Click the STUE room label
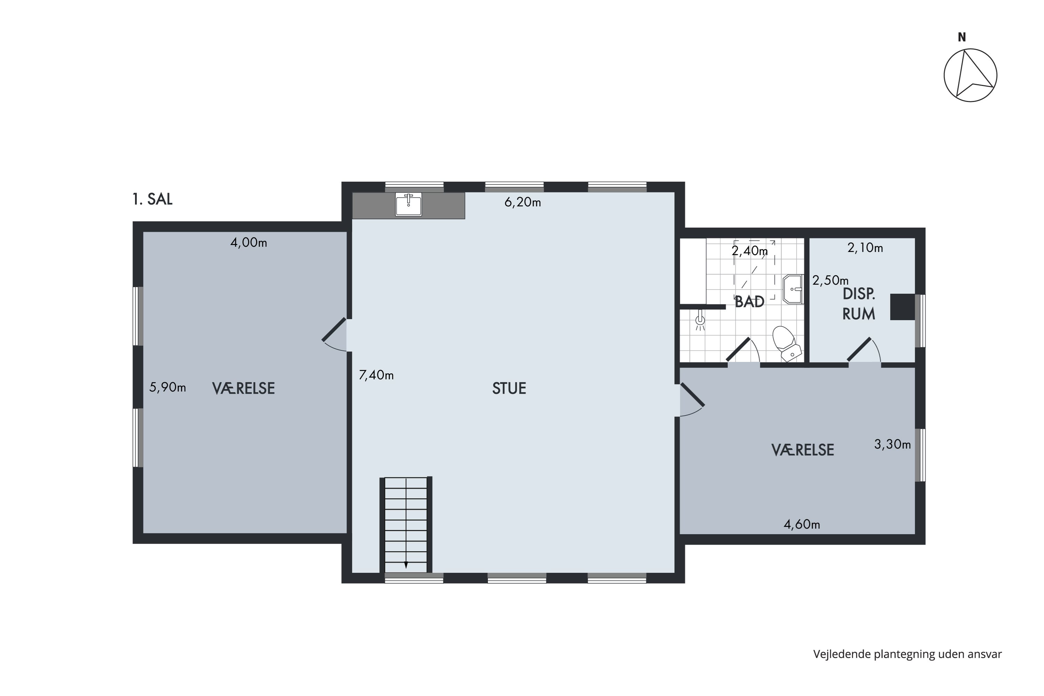click(x=509, y=388)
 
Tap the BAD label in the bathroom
click(x=749, y=302)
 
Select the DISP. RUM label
click(x=859, y=304)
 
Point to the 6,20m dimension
click(x=522, y=203)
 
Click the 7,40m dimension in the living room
click(x=376, y=375)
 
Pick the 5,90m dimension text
click(x=167, y=388)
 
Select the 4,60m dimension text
click(x=802, y=525)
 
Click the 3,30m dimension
click(x=893, y=444)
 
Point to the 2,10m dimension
click(x=865, y=248)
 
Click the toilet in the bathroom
click(x=786, y=343)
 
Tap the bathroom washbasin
click(x=793, y=289)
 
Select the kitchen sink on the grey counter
click(x=408, y=204)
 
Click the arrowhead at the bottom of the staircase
click(x=406, y=565)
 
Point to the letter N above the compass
click(x=962, y=37)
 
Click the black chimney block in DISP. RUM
click(x=902, y=307)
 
